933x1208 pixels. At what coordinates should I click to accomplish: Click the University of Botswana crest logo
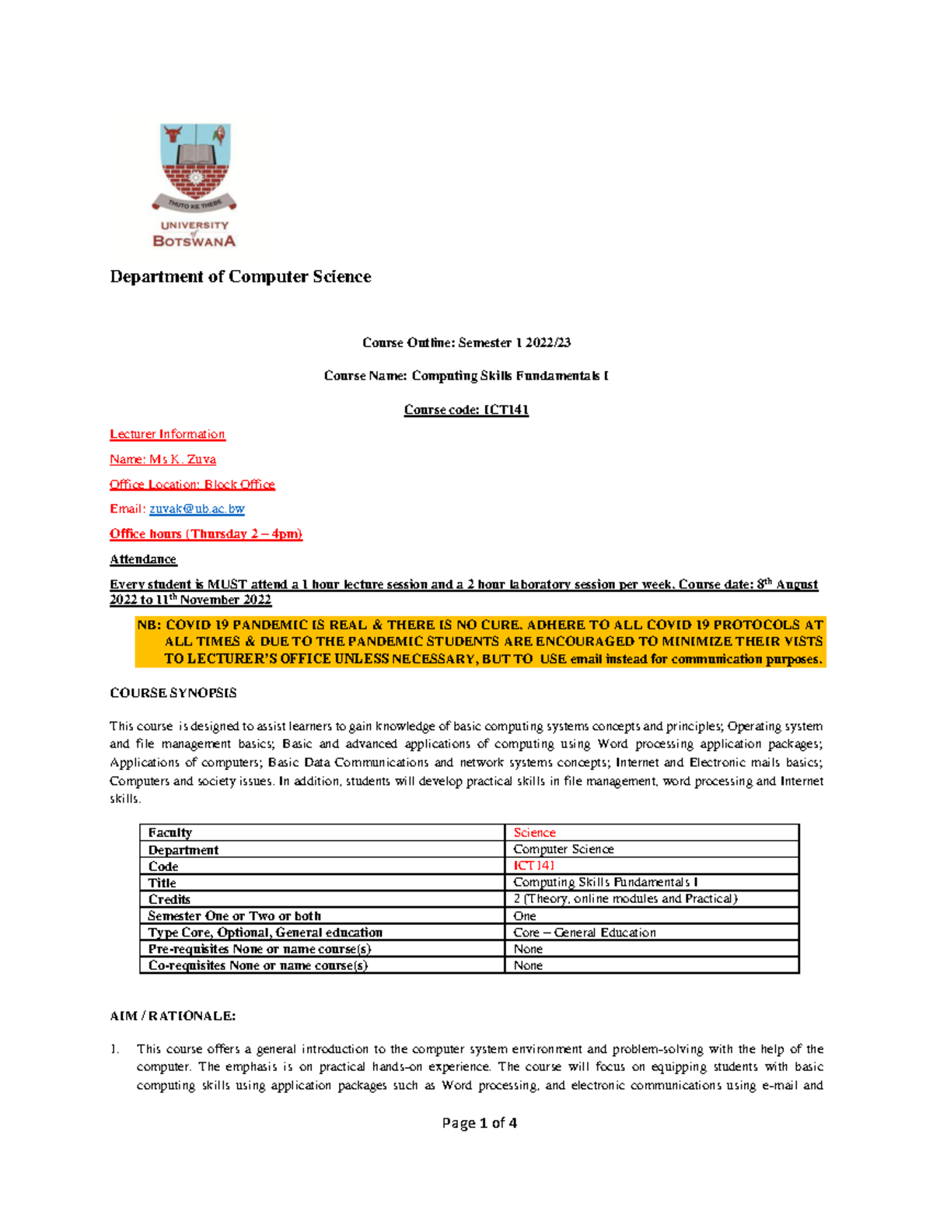[x=194, y=185]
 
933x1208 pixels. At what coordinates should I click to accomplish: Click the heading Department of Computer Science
[x=240, y=277]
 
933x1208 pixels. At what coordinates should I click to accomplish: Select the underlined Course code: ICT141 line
[x=466, y=410]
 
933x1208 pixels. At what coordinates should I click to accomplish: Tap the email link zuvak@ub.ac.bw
[x=197, y=509]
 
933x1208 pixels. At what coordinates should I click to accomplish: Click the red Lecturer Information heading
[x=167, y=434]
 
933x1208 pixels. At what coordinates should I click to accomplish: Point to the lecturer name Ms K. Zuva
[x=162, y=459]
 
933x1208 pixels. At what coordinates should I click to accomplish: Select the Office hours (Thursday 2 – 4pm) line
[x=205, y=534]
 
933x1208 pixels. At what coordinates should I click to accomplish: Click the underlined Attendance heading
[x=143, y=559]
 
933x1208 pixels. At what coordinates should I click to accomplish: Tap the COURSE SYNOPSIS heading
[x=173, y=692]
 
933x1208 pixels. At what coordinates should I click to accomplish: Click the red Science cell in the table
[x=534, y=832]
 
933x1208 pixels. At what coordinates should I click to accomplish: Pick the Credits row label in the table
[x=169, y=899]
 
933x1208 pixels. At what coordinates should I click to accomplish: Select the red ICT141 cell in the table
[x=533, y=866]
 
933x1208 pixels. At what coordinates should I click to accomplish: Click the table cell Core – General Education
[x=584, y=932]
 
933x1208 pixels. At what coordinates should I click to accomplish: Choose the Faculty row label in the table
[x=169, y=832]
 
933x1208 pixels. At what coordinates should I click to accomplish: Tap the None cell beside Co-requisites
[x=528, y=965]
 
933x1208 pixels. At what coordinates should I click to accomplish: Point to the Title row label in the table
[x=162, y=883]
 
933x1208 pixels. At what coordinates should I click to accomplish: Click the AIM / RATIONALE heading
[x=173, y=1016]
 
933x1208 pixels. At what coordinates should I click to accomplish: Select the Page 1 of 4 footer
[x=479, y=1122]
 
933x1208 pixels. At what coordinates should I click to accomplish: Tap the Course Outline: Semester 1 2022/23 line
[x=466, y=342]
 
